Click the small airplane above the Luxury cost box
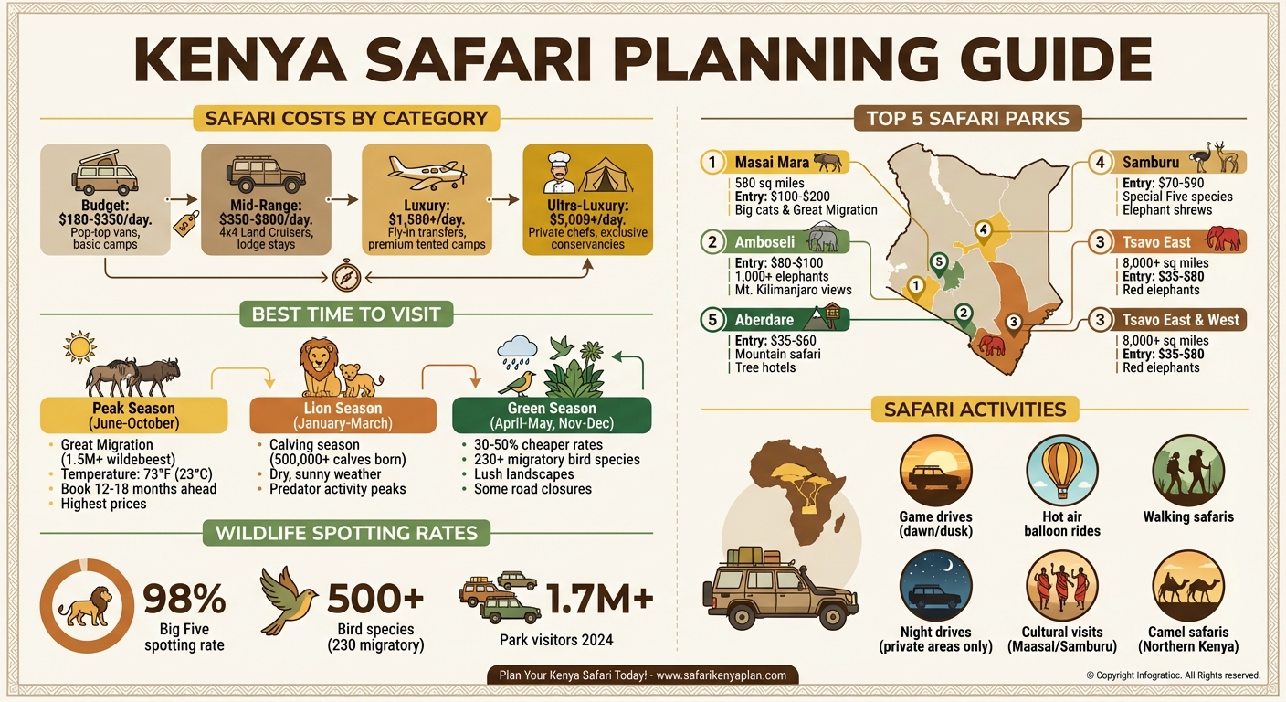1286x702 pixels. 427,171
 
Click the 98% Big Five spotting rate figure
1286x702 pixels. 184,599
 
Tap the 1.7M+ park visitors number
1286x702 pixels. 599,599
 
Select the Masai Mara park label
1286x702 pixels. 773,163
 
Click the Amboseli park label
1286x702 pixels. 765,242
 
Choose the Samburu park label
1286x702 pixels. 1151,163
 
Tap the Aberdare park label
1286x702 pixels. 764,321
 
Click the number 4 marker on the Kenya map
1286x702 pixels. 983,229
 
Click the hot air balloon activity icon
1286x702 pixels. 1061,469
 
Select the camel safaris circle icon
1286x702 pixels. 1188,585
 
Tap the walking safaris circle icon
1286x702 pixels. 1188,469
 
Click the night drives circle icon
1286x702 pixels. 935,585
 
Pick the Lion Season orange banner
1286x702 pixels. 343,416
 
